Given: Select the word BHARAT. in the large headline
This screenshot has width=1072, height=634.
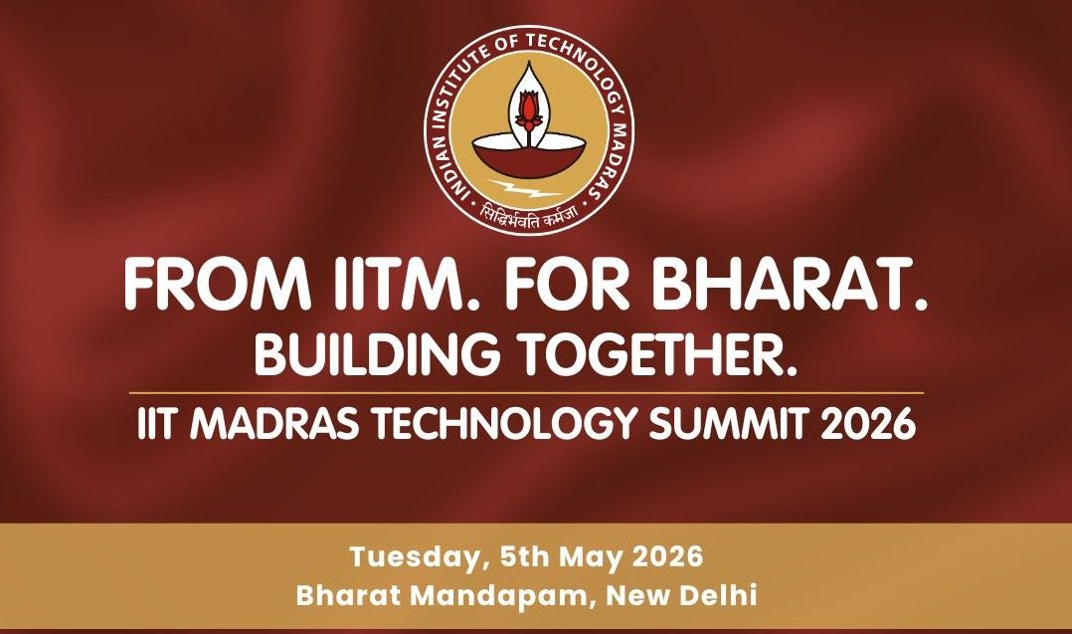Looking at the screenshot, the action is point(791,285).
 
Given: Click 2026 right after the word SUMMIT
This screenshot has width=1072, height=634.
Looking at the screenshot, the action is point(867,425).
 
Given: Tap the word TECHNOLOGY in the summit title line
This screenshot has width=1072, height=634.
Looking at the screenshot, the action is point(504,425).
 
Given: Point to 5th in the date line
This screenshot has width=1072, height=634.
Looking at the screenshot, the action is point(525,556).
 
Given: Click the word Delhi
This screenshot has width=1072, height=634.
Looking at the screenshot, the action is point(719,595).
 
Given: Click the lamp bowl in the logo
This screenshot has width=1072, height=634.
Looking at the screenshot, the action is point(528,156).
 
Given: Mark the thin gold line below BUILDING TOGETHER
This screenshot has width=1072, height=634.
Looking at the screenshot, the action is point(526,393).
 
